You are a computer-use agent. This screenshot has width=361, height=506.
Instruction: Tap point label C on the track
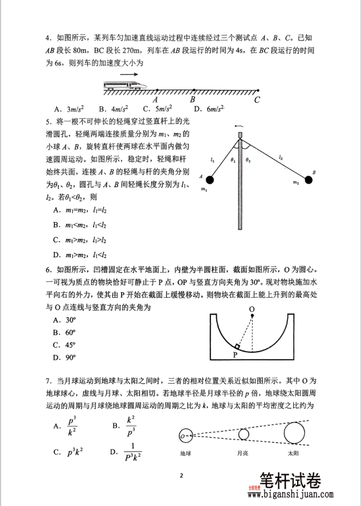tap(258, 100)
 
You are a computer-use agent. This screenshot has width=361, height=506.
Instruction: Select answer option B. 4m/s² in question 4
tap(113, 109)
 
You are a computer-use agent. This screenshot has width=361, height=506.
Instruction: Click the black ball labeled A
tap(210, 180)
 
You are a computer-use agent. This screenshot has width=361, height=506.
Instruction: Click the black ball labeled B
tap(309, 180)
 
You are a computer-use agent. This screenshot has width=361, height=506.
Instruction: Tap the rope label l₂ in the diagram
tap(281, 155)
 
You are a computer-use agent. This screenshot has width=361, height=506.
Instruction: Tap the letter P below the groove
tap(234, 355)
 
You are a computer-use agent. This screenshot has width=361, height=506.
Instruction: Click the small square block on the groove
tap(237, 346)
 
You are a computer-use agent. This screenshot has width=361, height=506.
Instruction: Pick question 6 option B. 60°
tap(65, 332)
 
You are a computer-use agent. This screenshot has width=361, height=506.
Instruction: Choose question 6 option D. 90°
tap(65, 357)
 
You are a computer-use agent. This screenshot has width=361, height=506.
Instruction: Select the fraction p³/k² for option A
tap(72, 425)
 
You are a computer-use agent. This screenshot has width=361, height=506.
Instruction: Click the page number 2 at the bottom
tap(181, 475)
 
